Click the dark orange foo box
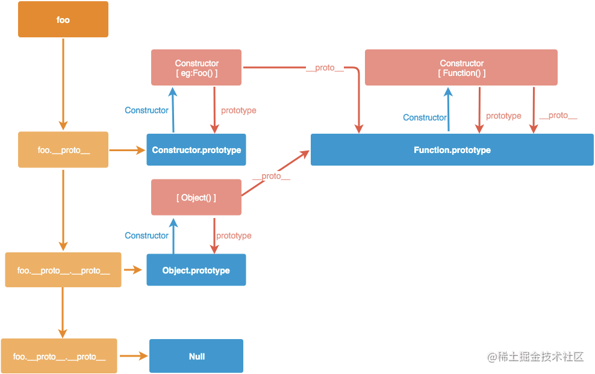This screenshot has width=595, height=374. (x=63, y=19)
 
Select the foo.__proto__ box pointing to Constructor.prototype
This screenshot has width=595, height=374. (x=63, y=150)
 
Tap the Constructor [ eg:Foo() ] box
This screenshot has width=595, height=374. (x=196, y=67)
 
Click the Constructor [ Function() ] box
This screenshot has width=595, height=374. (x=461, y=67)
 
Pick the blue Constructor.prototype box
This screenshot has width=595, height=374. (x=196, y=150)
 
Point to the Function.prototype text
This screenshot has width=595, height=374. (x=452, y=150)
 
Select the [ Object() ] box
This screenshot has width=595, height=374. (x=196, y=198)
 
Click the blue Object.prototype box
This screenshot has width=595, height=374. (x=196, y=270)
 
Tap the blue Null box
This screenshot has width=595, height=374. (x=196, y=356)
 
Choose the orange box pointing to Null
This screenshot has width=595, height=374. (x=59, y=356)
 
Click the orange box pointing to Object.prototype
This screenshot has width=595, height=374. (x=63, y=270)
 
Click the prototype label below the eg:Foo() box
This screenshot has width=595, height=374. (x=238, y=110)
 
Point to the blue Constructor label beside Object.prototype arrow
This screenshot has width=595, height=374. (x=146, y=235)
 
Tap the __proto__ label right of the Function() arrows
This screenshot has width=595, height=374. (x=558, y=115)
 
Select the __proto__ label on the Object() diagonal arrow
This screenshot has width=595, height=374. (x=272, y=176)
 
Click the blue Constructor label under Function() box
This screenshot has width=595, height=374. (x=425, y=117)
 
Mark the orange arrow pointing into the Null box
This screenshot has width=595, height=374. (x=134, y=356)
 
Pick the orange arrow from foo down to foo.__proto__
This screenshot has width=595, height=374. (x=63, y=84)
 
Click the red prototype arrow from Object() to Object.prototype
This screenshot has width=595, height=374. (x=214, y=235)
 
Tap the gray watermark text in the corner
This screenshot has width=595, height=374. (x=535, y=357)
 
